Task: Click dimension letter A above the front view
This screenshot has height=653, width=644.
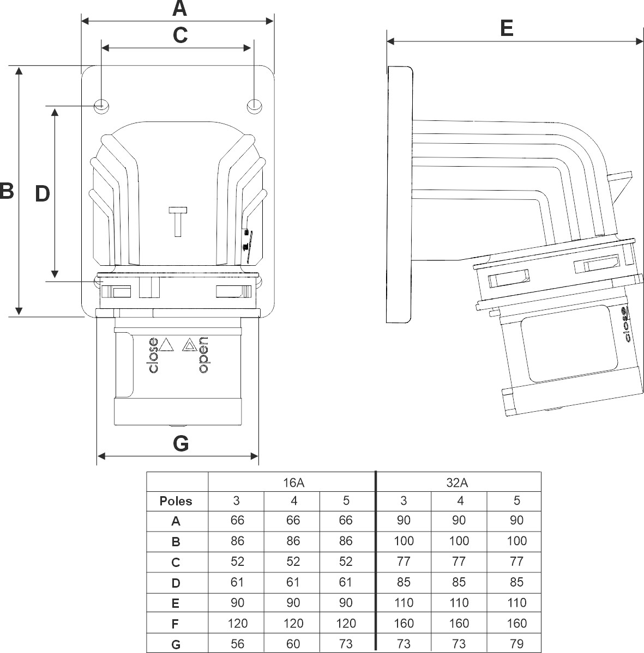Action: (x=179, y=9)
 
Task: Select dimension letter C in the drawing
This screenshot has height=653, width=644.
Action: (x=180, y=35)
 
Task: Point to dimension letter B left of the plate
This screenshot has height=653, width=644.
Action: (x=6, y=191)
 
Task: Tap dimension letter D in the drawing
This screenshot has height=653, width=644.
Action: (x=43, y=193)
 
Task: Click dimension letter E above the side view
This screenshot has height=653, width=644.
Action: (x=507, y=28)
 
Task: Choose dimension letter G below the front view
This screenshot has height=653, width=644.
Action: (x=180, y=443)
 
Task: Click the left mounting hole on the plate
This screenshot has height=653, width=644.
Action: (x=101, y=105)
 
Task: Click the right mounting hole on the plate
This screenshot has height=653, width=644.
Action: (x=254, y=105)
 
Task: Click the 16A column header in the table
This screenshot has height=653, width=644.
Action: (x=293, y=482)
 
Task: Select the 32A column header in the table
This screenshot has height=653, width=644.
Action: (x=459, y=482)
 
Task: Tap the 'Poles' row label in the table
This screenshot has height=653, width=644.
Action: (x=176, y=501)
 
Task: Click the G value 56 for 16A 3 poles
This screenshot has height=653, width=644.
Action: (x=237, y=644)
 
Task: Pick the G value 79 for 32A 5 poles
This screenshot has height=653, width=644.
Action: (x=516, y=644)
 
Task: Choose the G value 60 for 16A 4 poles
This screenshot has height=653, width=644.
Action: (x=293, y=644)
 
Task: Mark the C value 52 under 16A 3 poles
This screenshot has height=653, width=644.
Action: (x=237, y=562)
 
